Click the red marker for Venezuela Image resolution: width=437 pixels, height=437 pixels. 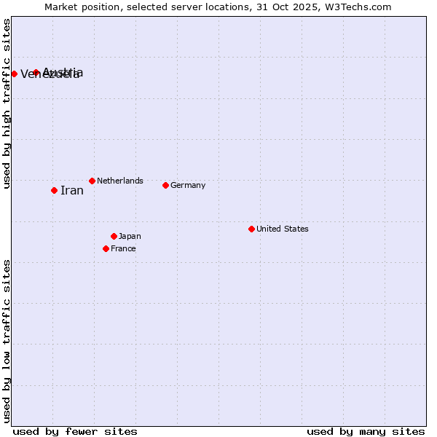[x=14, y=74]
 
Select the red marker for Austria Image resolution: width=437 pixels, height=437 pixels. [x=36, y=72]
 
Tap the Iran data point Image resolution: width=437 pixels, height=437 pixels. [x=54, y=190]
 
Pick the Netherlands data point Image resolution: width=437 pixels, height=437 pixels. [x=92, y=181]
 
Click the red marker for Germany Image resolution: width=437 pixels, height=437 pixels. [x=165, y=185]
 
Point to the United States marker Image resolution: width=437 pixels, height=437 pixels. [x=251, y=229]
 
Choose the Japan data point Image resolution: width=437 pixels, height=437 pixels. [x=114, y=236]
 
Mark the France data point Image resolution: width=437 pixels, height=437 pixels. [x=106, y=248]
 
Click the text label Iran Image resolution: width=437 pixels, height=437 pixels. [x=72, y=191]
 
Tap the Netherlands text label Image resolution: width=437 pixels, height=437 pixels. [x=120, y=181]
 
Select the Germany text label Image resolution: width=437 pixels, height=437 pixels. [x=188, y=185]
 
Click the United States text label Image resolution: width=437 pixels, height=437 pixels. [x=283, y=229]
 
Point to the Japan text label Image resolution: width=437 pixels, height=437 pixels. [x=130, y=236]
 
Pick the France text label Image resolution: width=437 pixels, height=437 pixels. [x=123, y=248]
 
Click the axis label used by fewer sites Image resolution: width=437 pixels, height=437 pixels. [x=75, y=431]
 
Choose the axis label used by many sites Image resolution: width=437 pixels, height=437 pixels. [x=366, y=431]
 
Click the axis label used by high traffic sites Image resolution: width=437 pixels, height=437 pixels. [x=7, y=103]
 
